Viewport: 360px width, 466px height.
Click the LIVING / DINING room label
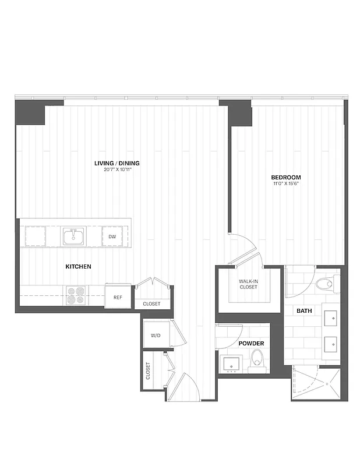pos(117,163)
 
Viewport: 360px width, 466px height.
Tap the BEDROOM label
pos(285,177)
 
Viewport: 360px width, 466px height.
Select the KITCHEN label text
pos(78,266)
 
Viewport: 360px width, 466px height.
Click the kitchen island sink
pos(74,236)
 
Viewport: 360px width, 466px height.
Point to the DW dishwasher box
pos(112,237)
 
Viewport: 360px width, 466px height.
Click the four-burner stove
pos(75,295)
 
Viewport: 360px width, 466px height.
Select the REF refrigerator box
pos(118,298)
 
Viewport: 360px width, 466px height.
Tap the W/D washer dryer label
pos(156,336)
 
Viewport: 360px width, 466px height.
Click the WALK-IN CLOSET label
pos(249,285)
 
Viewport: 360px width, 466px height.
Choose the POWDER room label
pos(251,344)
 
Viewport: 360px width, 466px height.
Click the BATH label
pos(304,311)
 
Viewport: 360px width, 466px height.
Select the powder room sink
pos(231,364)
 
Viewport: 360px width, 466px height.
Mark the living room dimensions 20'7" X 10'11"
pos(117,170)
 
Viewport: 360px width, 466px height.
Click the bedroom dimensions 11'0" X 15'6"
pos(285,183)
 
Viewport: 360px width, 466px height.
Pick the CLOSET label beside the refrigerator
pos(151,304)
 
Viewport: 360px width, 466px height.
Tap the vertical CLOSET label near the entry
pos(148,371)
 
